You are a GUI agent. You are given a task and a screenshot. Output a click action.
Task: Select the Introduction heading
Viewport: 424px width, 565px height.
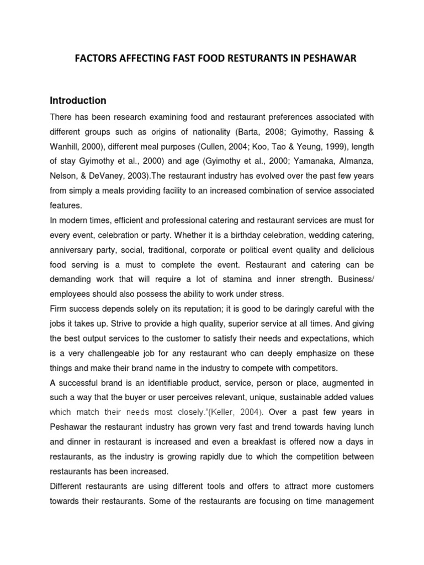click(78, 100)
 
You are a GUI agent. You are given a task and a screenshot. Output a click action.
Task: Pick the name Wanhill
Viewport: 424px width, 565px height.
click(67, 147)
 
